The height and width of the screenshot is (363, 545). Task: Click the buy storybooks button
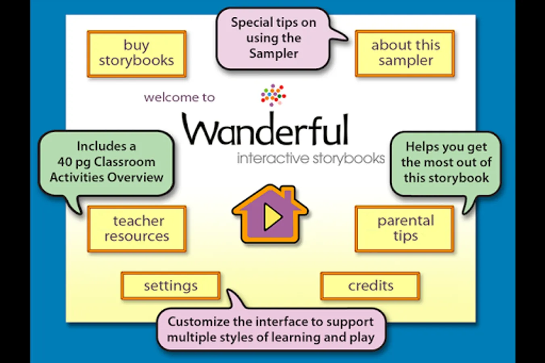(x=136, y=53)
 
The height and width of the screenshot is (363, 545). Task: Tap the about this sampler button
(x=405, y=53)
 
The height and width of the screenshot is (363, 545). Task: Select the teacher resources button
(x=137, y=229)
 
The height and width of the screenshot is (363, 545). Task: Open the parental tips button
(x=405, y=229)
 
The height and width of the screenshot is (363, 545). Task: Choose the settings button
(x=171, y=286)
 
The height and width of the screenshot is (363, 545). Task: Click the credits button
(x=370, y=286)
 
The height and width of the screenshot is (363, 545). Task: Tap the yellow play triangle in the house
(x=272, y=217)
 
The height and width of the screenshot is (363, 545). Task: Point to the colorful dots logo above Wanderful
(x=273, y=95)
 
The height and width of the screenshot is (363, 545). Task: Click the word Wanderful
(x=265, y=130)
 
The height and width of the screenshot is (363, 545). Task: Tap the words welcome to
(x=180, y=98)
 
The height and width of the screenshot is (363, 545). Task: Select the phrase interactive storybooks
(x=311, y=159)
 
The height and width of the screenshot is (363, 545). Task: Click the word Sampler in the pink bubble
(x=274, y=54)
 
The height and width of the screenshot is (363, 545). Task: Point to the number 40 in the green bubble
(x=65, y=162)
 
